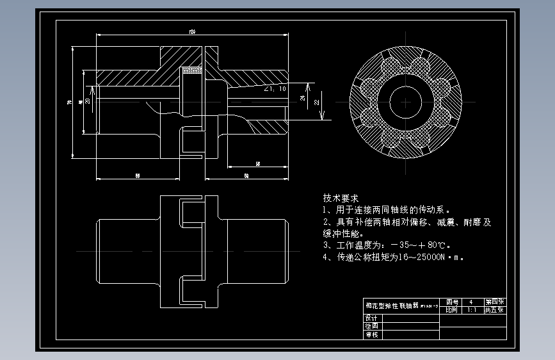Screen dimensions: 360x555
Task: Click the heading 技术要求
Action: (340, 198)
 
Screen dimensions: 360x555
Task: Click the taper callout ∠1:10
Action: (275, 89)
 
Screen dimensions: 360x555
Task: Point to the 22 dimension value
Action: (317, 102)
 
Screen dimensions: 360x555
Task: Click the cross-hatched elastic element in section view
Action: (193, 70)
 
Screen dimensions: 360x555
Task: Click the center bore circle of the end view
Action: (405, 103)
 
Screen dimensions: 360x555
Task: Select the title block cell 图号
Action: (452, 302)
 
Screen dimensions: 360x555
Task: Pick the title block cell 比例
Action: (452, 309)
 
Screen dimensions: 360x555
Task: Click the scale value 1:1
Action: (472, 309)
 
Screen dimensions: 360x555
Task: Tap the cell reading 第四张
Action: (494, 302)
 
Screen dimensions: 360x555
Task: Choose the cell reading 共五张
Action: (494, 309)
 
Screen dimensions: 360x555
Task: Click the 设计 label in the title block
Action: (372, 318)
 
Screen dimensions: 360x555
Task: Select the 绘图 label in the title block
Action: (372, 326)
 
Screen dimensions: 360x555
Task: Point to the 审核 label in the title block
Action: (372, 334)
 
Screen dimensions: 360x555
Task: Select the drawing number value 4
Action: (471, 302)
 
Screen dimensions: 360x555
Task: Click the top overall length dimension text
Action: (191, 31)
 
